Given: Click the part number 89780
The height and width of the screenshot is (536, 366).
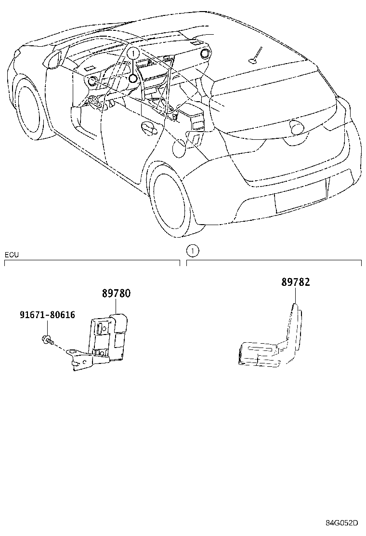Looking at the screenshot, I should [x=116, y=294].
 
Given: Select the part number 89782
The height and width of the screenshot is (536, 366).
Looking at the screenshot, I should [x=296, y=282].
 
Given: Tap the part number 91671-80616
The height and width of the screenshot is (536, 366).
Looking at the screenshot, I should [x=47, y=315].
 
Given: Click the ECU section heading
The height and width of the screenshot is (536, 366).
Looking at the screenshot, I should [x=12, y=255].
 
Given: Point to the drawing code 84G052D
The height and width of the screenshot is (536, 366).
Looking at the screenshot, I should [x=342, y=523].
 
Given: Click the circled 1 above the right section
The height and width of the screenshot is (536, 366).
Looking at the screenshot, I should [x=192, y=250].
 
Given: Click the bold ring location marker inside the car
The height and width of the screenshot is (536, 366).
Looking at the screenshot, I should [x=133, y=79].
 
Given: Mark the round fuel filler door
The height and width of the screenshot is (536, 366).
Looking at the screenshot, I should [x=179, y=147].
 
